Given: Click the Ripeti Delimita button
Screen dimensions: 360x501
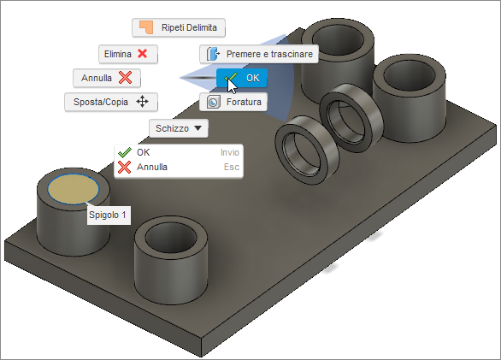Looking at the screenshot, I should click(178, 27).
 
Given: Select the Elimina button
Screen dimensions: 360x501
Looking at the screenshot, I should click(126, 54).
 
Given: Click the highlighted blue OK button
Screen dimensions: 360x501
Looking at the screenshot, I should click(242, 78).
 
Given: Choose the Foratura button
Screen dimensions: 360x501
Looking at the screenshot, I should click(233, 102).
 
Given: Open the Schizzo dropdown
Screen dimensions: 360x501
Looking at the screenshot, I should click(179, 128).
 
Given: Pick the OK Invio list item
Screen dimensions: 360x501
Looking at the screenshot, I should click(179, 151).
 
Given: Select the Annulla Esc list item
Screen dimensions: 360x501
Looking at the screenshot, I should click(179, 167).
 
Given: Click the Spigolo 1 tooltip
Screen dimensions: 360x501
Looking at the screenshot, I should click(108, 215).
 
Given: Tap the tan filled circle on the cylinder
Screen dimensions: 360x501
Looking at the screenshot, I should click(73, 188).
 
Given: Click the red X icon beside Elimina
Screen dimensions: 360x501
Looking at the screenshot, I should click(143, 54).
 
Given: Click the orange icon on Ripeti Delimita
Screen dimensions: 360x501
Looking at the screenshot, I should click(147, 27).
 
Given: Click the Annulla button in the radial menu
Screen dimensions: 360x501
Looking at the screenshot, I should click(107, 78).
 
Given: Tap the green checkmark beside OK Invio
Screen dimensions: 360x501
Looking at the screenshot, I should click(124, 151).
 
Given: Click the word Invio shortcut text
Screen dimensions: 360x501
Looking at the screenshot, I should click(229, 151).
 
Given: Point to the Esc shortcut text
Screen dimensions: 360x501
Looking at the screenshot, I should click(231, 167).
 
